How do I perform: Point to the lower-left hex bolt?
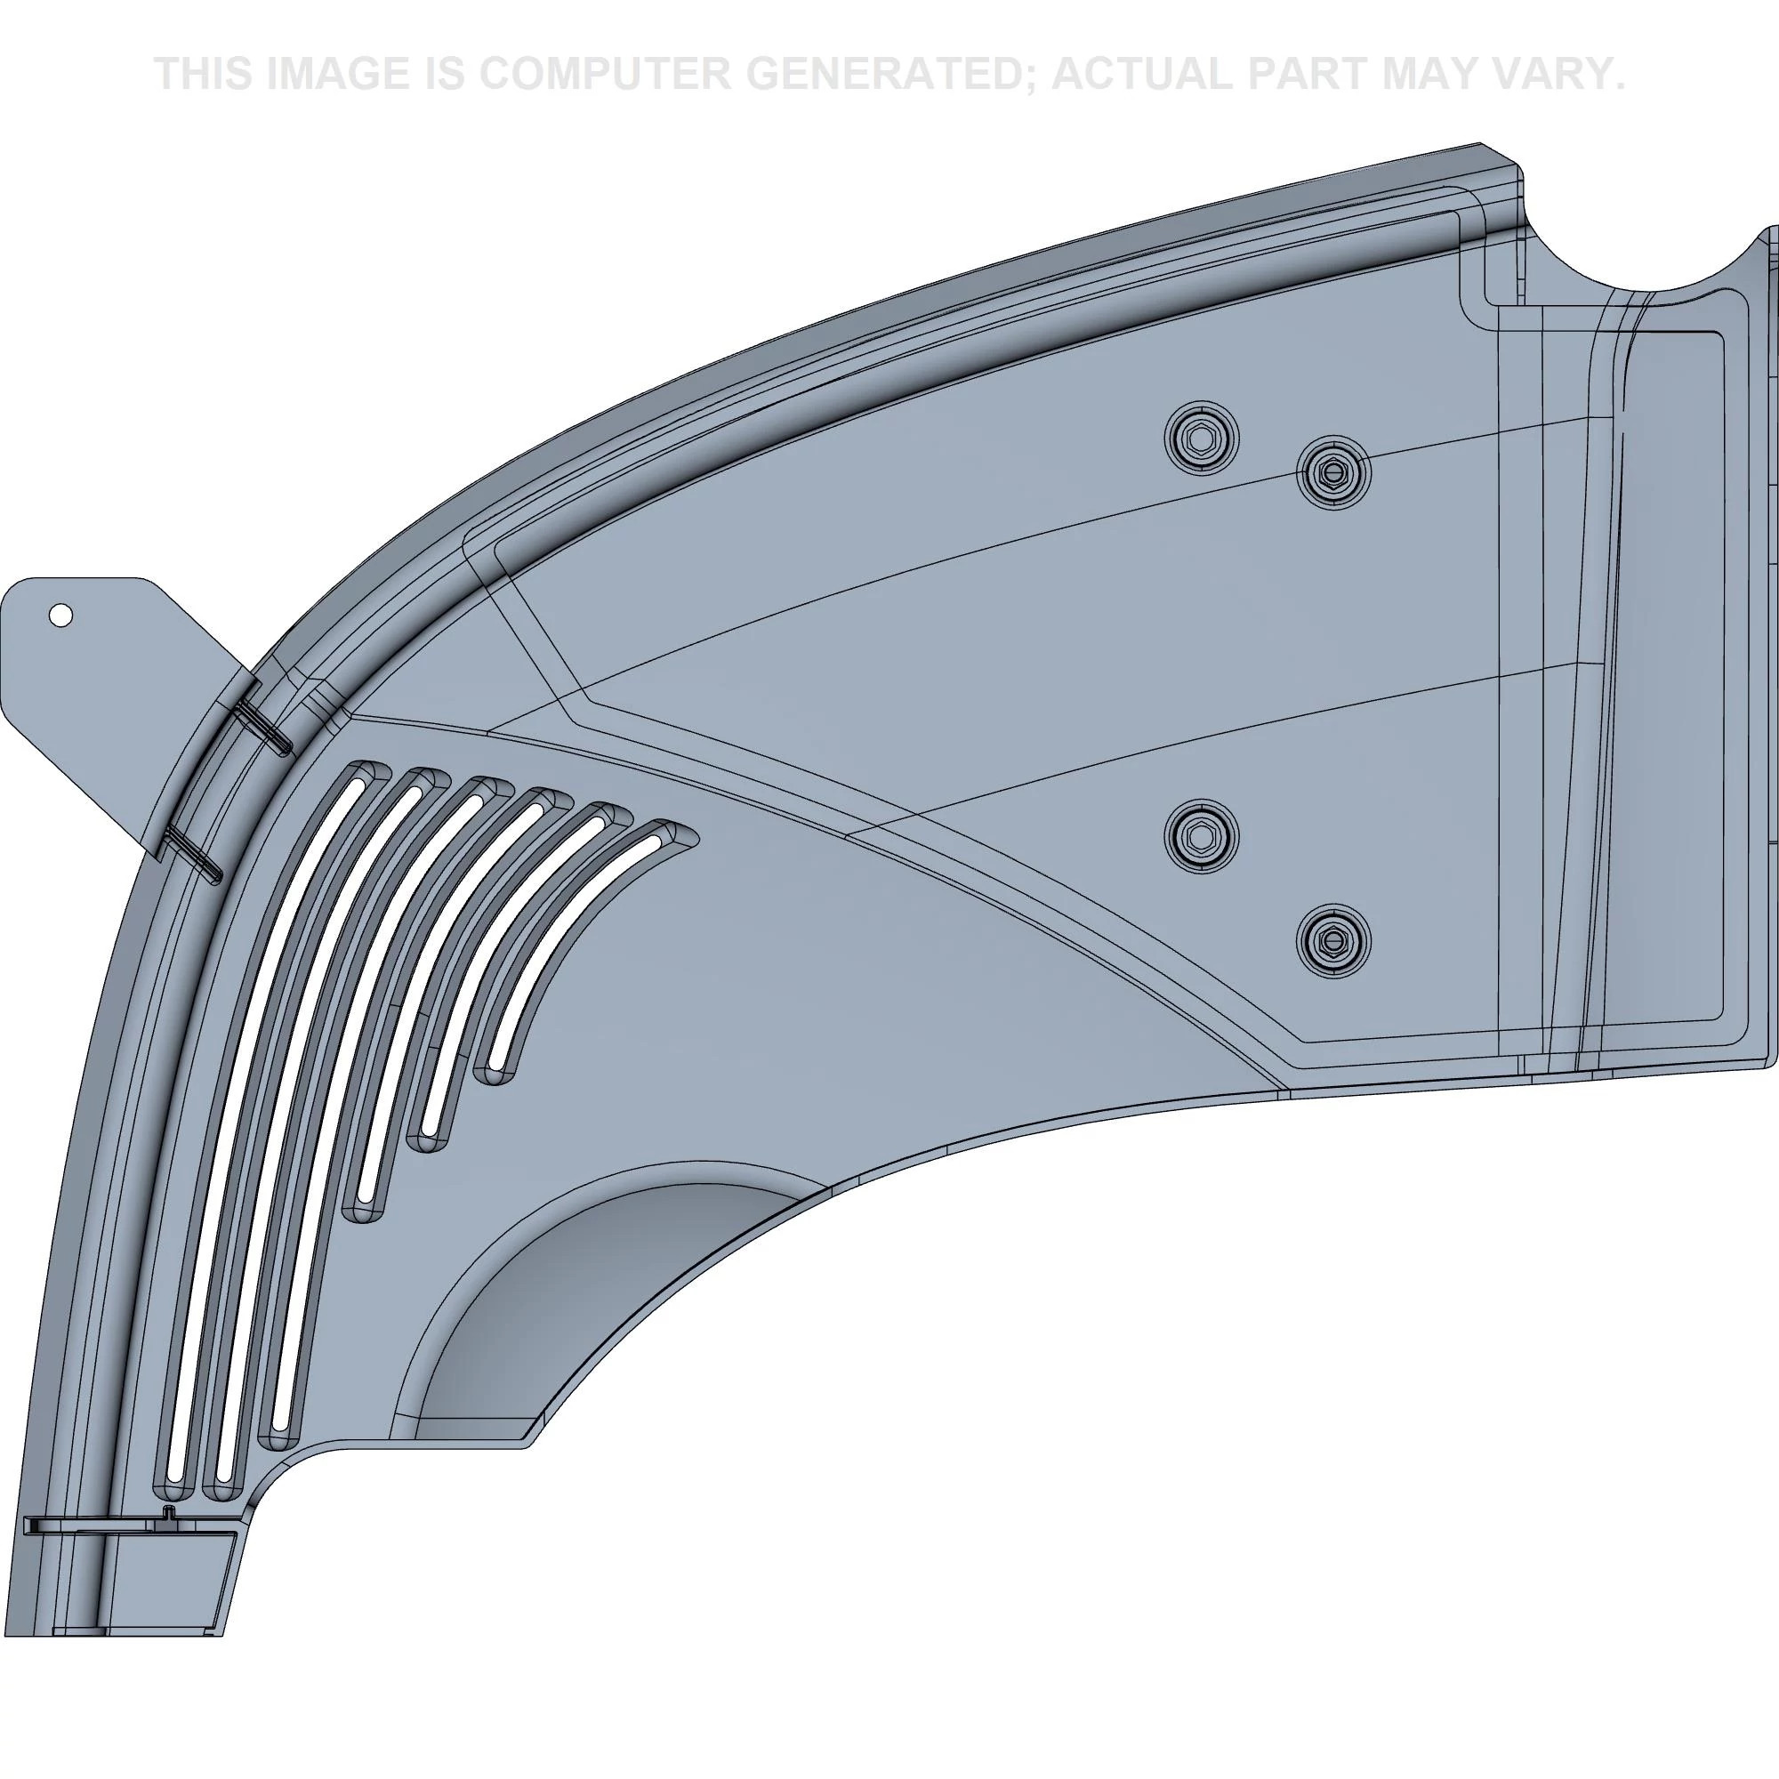coord(1201,835)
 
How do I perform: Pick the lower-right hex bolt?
coord(1332,939)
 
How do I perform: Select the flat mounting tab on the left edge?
coord(101,681)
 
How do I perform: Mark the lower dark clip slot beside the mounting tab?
coord(193,852)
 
